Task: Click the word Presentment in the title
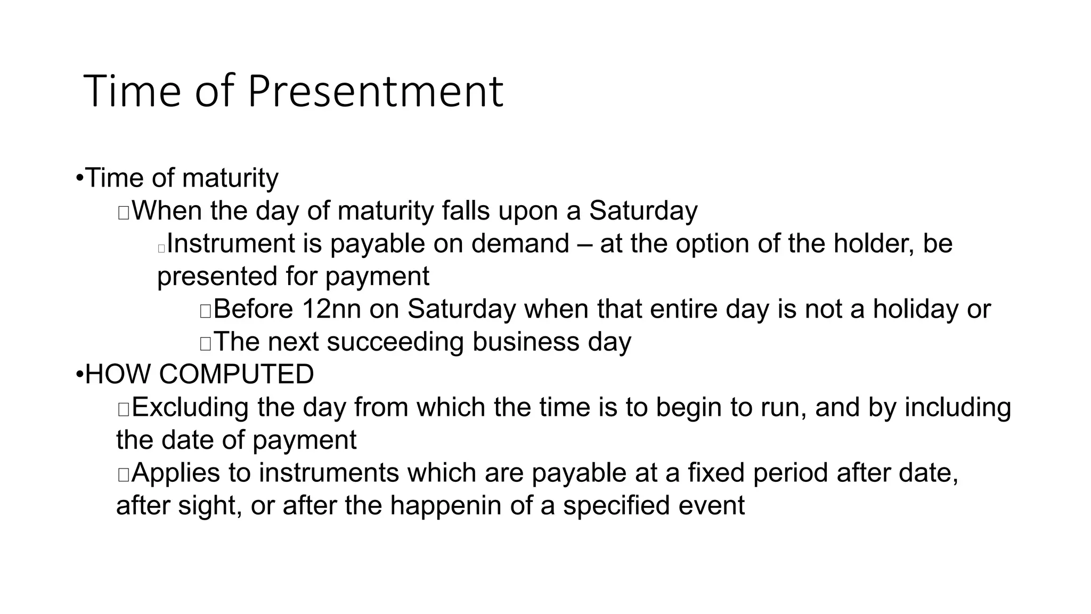tap(375, 92)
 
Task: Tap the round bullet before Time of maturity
tap(79, 178)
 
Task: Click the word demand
tap(520, 244)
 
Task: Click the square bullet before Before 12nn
tap(206, 311)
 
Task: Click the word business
tap(526, 342)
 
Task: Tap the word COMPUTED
tap(237, 374)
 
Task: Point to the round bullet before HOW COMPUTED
tap(79, 375)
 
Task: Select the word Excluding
tap(190, 408)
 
